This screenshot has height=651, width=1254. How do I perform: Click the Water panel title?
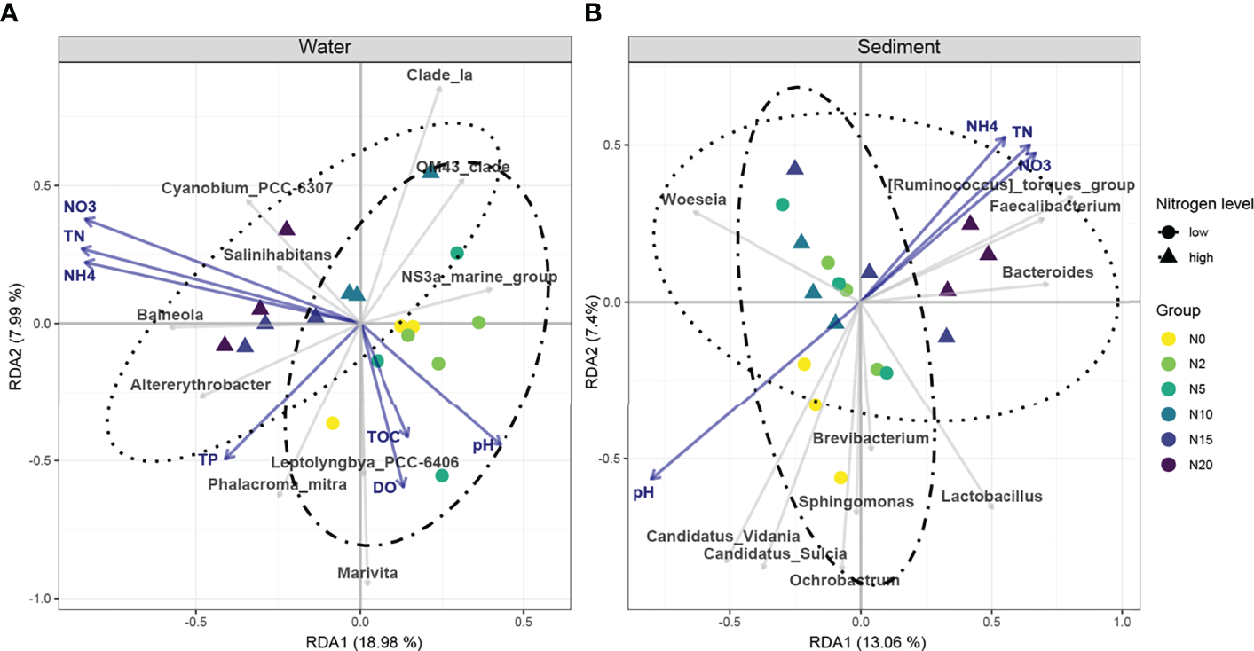pyautogui.click(x=314, y=47)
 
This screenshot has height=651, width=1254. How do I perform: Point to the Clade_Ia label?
pyautogui.click(x=439, y=75)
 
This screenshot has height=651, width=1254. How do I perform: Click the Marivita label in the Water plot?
pyautogui.click(x=367, y=573)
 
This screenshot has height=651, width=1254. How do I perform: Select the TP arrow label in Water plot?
pyautogui.click(x=208, y=459)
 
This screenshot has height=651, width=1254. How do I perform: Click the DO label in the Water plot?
pyautogui.click(x=383, y=487)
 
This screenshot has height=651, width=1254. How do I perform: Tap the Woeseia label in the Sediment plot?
pyautogui.click(x=694, y=200)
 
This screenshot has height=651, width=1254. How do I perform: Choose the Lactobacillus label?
pyautogui.click(x=991, y=497)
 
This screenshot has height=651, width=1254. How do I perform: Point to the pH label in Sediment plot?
pyautogui.click(x=643, y=492)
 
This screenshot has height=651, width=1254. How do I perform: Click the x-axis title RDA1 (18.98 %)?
pyautogui.click(x=314, y=641)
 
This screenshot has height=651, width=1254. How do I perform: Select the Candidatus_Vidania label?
pyautogui.click(x=722, y=536)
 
